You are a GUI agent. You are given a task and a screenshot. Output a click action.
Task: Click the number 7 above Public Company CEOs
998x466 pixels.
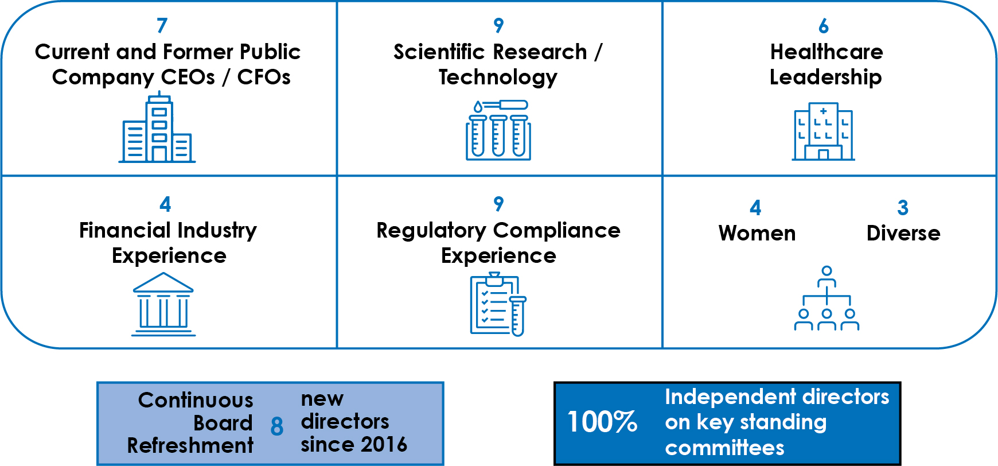(x=162, y=25)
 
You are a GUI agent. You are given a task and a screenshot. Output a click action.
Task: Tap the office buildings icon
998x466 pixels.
(x=157, y=127)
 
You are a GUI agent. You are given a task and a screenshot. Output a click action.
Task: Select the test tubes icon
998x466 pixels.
(x=498, y=130)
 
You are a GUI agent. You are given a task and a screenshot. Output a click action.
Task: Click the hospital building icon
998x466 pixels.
(x=824, y=131)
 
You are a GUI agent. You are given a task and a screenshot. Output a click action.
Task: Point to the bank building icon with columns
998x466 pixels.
(x=163, y=304)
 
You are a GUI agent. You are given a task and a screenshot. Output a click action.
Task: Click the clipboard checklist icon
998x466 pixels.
(x=498, y=304)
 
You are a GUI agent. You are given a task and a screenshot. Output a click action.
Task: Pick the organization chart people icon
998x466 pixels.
(x=827, y=298)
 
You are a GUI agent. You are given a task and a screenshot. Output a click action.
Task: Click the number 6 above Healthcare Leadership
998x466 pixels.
(x=824, y=26)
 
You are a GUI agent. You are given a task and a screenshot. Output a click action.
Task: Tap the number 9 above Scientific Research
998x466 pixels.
(x=498, y=25)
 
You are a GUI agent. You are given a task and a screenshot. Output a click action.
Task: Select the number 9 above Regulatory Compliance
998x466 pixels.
(x=498, y=204)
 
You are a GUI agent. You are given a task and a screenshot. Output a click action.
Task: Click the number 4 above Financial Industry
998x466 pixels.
(x=165, y=204)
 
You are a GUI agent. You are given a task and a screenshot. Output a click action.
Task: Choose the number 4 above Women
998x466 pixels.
(x=755, y=208)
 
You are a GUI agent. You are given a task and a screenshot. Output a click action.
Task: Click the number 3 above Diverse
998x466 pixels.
(x=903, y=208)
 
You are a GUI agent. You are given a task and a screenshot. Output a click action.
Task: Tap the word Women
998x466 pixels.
(x=757, y=233)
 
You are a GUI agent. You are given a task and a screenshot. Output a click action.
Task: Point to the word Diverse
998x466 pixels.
(x=903, y=233)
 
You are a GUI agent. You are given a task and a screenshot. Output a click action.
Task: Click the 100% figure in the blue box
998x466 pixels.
(x=602, y=422)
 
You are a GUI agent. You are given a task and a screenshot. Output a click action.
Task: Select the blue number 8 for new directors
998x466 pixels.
(x=277, y=426)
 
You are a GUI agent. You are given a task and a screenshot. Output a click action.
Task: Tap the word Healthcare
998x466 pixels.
(x=827, y=52)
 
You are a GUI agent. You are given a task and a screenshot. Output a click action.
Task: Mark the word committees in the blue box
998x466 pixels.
(x=724, y=448)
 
